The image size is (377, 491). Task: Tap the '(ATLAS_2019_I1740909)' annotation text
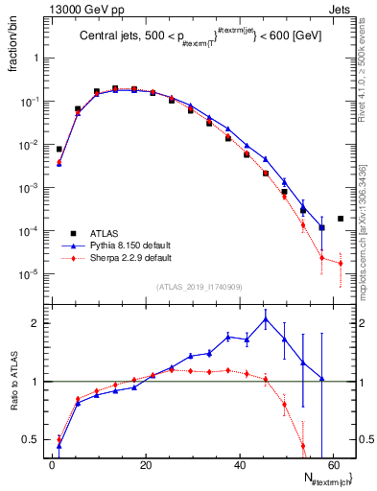(199, 288)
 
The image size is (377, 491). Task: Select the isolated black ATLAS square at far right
(341, 219)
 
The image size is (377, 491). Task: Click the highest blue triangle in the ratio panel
(266, 320)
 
